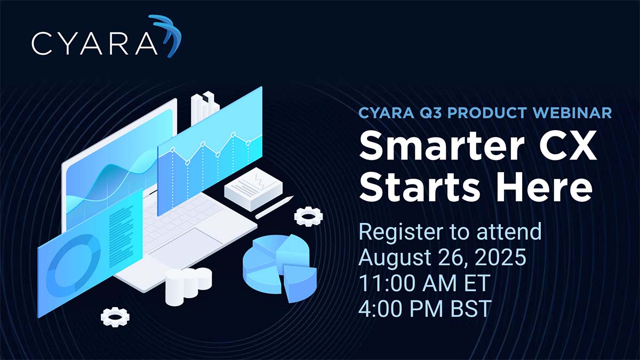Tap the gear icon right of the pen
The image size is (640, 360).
(308, 217)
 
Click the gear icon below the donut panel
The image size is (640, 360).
(115, 317)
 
